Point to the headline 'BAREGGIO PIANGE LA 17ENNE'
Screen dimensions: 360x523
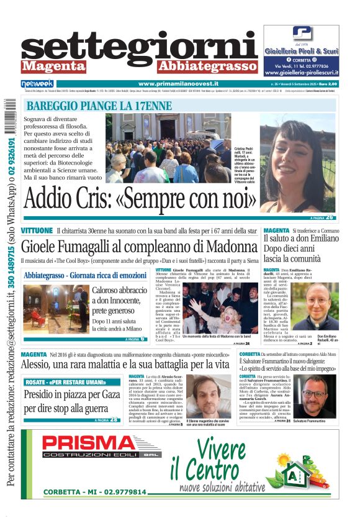[99, 106]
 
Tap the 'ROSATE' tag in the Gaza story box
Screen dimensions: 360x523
[39, 381]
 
